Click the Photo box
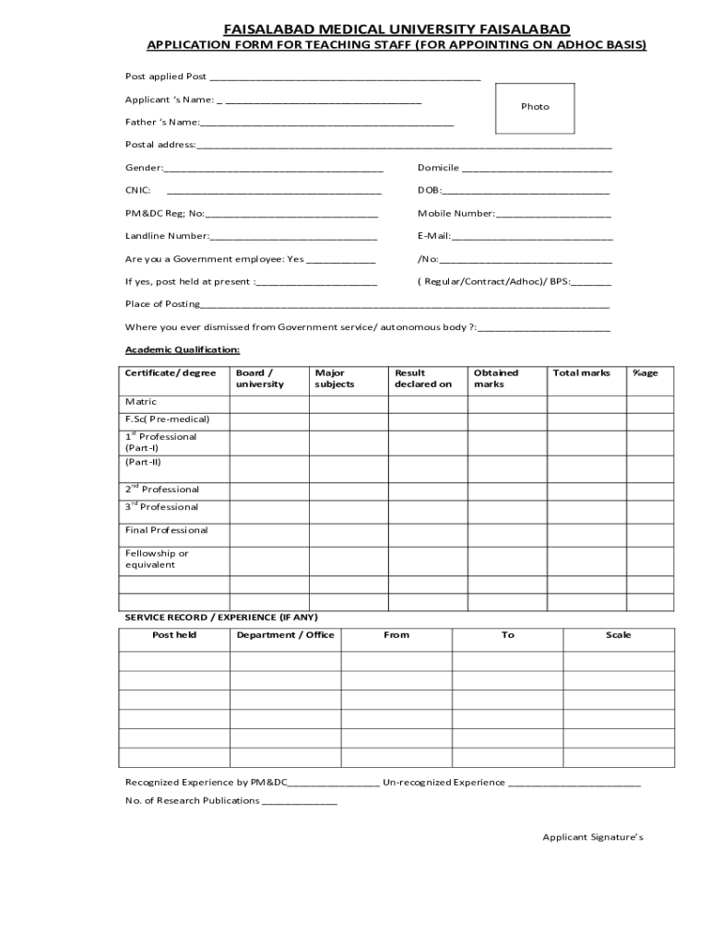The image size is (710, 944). [535, 108]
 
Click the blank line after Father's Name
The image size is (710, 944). [326, 123]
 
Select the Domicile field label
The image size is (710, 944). [438, 168]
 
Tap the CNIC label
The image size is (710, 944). [138, 191]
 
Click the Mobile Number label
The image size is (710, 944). [456, 214]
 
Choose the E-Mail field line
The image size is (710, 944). [532, 237]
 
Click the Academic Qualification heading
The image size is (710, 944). [183, 350]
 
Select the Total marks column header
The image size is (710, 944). [581, 373]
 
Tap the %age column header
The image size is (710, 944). [645, 373]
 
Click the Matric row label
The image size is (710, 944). [141, 402]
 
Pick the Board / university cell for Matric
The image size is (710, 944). [268, 403]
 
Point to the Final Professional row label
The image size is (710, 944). [167, 530]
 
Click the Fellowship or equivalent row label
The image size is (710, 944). [157, 559]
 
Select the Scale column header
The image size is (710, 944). [618, 635]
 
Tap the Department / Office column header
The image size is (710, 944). [285, 635]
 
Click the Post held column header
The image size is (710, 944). [174, 635]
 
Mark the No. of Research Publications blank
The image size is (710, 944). [300, 802]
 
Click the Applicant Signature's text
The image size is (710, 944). [592, 837]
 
